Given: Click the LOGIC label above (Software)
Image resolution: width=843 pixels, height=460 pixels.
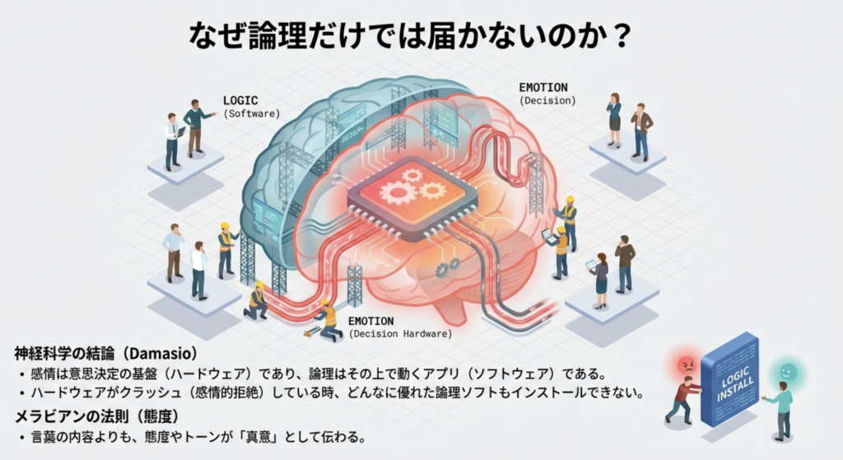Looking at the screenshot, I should click(x=240, y=100).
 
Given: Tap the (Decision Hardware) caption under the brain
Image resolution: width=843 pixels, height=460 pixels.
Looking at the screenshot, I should click(x=401, y=334).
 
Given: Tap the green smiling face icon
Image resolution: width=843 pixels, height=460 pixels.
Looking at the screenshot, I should click(x=788, y=372).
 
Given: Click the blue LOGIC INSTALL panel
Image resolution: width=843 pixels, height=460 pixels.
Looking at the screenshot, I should click(x=729, y=378).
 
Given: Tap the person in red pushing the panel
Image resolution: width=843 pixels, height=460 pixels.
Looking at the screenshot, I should click(x=682, y=399).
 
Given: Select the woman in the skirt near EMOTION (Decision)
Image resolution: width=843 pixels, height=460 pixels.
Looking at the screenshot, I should click(x=614, y=120).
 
